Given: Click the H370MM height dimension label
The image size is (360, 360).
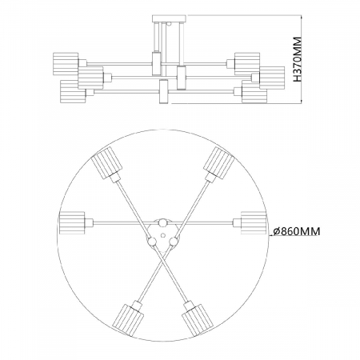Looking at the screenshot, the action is click(298, 59).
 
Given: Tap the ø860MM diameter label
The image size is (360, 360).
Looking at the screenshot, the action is click(296, 231).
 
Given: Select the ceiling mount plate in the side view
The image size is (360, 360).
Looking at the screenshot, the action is click(169, 18).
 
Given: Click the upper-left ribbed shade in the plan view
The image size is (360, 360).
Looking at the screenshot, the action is click(106, 162).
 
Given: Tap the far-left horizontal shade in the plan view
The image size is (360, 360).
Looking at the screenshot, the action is click(72, 222).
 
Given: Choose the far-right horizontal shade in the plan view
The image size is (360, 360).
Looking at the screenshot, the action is click(254, 222).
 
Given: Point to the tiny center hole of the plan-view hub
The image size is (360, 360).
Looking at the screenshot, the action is click(163, 234).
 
